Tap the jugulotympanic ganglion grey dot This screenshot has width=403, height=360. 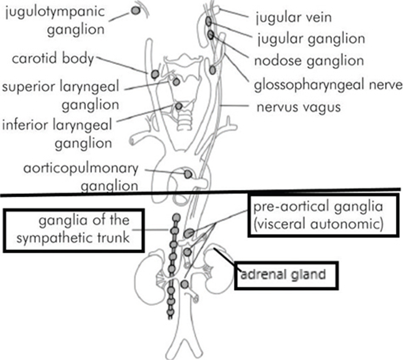click(135, 11)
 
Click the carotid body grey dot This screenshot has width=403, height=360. click(155, 75)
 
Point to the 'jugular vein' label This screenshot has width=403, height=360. click(293, 18)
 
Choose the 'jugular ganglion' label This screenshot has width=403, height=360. click(310, 39)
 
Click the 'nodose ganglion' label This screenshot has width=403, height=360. click(309, 60)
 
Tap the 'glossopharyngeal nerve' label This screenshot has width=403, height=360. click(328, 85)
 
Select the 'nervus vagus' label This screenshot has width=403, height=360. click(298, 107)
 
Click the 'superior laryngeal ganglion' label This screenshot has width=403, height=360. click(61, 95)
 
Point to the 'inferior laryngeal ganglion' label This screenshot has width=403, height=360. click(57, 134)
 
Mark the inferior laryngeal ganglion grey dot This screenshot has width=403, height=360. click(179, 105)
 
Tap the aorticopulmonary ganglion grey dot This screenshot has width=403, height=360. click(188, 173)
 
